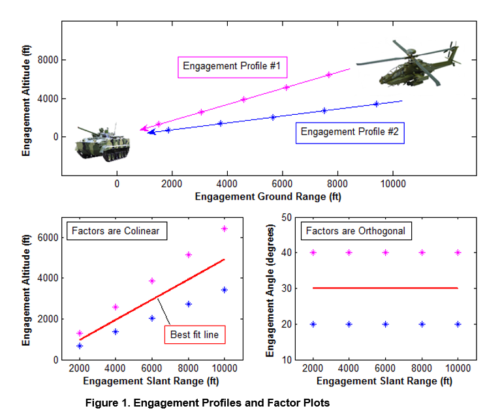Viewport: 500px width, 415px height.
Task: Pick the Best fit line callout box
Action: coord(194,335)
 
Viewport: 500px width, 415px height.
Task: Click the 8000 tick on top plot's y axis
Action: coord(48,60)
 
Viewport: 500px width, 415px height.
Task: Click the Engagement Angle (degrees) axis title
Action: coord(270,290)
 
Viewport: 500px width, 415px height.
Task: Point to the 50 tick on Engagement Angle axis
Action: coord(286,217)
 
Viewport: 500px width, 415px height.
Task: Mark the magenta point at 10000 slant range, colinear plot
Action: coord(225,228)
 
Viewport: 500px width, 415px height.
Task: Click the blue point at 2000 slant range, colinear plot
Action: coord(80,346)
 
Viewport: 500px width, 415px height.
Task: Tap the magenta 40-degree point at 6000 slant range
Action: coord(386,253)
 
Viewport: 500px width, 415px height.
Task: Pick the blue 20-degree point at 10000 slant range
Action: coord(458,324)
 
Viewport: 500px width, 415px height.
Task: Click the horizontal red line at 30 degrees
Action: coord(385,288)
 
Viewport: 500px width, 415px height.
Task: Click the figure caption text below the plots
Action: coord(208,403)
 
